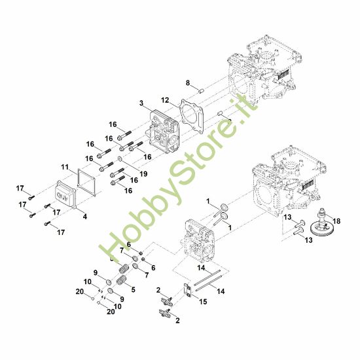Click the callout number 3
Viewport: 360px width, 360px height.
point(141,103)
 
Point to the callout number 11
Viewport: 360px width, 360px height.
point(65,166)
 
